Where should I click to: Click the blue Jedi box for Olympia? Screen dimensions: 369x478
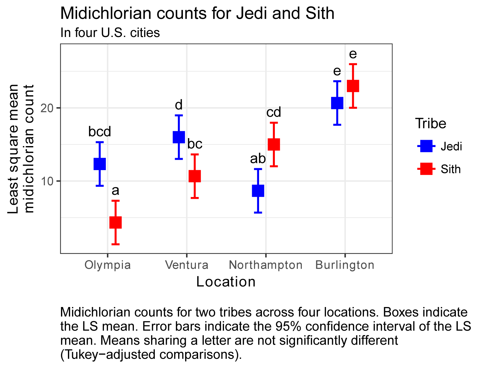[x=100, y=164]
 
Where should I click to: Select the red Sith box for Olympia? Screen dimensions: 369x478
[x=116, y=222]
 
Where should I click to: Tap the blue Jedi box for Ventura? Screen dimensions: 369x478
[x=179, y=137]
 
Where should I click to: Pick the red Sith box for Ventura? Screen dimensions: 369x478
[x=195, y=176]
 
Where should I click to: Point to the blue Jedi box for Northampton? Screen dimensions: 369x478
[x=258, y=191]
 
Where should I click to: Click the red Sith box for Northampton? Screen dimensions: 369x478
[x=274, y=144]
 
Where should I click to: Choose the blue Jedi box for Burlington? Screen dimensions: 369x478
[x=337, y=103]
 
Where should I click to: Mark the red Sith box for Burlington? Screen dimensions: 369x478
[x=353, y=86]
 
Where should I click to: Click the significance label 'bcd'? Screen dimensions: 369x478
[x=100, y=132]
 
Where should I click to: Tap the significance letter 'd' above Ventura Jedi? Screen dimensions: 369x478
[x=179, y=105]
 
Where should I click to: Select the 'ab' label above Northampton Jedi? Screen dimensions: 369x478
[x=258, y=159]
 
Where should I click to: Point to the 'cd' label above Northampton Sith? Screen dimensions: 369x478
[x=274, y=112]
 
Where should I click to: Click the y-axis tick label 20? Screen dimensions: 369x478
[x=48, y=108]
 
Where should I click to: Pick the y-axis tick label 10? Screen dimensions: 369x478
[x=48, y=181]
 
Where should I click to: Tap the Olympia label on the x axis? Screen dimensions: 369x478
[x=107, y=265]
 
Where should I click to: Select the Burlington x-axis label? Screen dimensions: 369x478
[x=345, y=265]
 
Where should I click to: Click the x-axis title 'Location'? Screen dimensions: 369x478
[x=226, y=282]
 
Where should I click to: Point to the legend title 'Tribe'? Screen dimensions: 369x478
[x=431, y=123]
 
